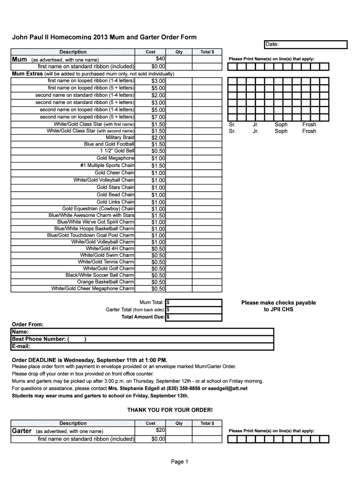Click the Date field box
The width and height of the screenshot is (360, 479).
click(x=306, y=44)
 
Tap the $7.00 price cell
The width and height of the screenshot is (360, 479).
click(x=158, y=117)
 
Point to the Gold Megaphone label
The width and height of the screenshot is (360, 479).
click(x=115, y=158)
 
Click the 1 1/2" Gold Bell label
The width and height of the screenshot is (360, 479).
click(x=117, y=151)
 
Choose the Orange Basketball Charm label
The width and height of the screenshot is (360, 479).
click(x=106, y=282)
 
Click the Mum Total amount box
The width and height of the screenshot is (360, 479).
click(x=194, y=302)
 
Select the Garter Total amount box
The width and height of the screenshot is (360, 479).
click(x=194, y=309)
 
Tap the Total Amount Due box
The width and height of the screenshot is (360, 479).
click(x=194, y=317)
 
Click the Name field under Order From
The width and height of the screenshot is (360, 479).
click(x=142, y=332)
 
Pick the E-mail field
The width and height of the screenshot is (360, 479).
click(x=142, y=347)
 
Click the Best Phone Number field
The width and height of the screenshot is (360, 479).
click(x=142, y=339)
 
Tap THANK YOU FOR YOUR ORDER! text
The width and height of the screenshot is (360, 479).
click(x=170, y=410)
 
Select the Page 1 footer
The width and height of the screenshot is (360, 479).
click(x=180, y=462)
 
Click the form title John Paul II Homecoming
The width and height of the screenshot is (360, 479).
click(x=104, y=37)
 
